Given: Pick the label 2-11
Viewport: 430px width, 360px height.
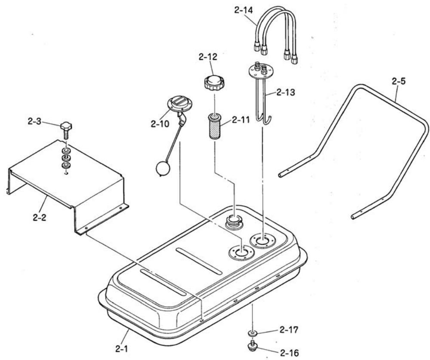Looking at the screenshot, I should point(240,121).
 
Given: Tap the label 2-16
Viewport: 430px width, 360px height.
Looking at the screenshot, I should point(288,352).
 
